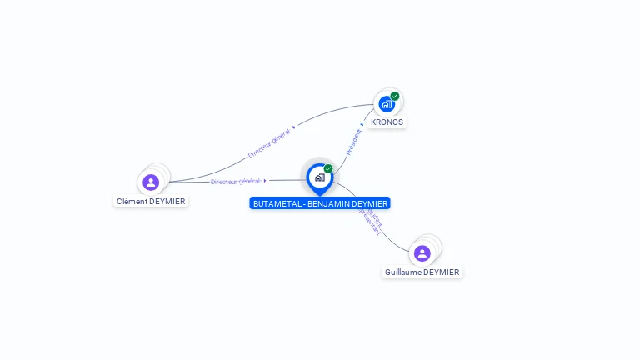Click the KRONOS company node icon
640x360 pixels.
coord(386,104)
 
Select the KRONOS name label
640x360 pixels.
coord(387,122)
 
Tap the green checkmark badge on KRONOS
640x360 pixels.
coord(395,96)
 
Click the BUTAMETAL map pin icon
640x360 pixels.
coord(319,177)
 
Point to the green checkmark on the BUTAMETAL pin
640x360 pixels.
coord(328,168)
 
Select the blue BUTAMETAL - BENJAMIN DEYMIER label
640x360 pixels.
coord(320,203)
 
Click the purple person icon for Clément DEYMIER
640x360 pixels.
coord(151,182)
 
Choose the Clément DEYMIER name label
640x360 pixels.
coord(151,201)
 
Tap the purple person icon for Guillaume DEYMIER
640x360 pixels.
coord(422,252)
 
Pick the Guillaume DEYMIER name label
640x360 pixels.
coord(422,272)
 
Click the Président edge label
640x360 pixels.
coord(353,142)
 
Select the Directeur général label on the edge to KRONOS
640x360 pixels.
coord(268,142)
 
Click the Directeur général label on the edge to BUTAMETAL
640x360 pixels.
coord(236,181)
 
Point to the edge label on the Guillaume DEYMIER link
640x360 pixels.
coord(371,222)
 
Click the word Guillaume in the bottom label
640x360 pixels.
coord(403,272)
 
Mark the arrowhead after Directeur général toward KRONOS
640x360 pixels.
coord(294,127)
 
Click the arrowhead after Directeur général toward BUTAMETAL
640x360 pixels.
coord(265,180)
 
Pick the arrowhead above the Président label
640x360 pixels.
coord(362,125)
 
